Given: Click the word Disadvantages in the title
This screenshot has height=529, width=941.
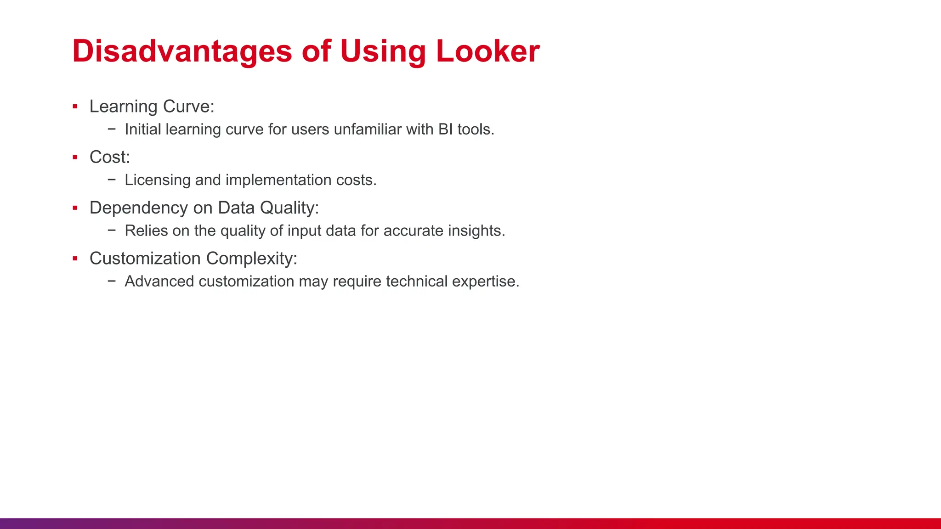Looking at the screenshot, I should (182, 51).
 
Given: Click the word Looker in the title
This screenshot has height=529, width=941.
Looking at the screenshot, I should (488, 51).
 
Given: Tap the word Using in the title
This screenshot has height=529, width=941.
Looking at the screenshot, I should (383, 51).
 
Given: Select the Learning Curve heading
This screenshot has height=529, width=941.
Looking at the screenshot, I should (152, 107).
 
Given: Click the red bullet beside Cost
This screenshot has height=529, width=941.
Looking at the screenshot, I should (75, 158).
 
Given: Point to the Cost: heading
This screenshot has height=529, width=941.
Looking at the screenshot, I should (110, 157).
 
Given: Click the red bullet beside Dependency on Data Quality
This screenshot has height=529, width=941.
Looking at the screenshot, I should (75, 208).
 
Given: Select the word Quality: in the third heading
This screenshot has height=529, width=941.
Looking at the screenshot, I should (289, 208).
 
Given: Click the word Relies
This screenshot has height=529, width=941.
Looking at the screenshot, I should (146, 231).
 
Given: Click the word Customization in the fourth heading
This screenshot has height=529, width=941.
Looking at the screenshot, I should (145, 259).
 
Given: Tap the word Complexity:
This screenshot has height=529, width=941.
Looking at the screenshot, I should (251, 259).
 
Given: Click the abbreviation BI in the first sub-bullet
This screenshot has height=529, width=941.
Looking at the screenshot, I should (445, 129).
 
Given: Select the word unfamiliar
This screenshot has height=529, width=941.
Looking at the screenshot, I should (368, 129).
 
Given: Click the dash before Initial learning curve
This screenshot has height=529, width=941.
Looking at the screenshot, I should (112, 129).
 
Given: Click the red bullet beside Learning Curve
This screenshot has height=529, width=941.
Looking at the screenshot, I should (75, 107).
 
